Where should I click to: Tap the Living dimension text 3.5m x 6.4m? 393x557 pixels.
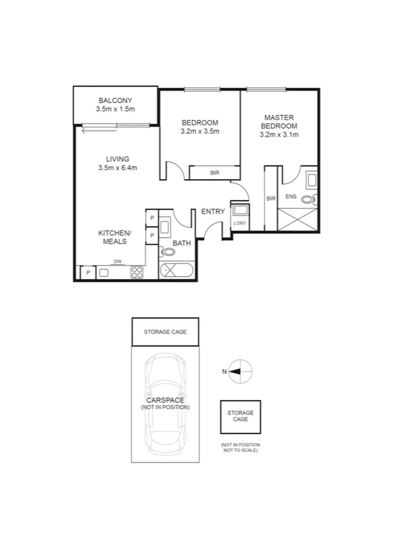click(117, 168)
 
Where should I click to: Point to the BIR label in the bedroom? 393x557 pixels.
click(215, 173)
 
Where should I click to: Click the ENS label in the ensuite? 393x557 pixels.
click(291, 197)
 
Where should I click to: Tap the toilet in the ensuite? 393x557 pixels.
click(313, 198)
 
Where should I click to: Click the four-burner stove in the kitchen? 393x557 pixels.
click(137, 272)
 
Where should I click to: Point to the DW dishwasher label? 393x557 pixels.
click(118, 261)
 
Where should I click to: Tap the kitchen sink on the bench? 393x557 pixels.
click(106, 273)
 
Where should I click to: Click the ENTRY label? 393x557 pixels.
click(213, 212)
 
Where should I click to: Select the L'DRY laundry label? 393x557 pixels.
click(239, 224)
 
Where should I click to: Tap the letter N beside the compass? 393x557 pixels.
click(224, 372)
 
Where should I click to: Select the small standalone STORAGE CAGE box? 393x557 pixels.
click(240, 416)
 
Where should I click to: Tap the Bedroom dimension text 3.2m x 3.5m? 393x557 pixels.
click(199, 131)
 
